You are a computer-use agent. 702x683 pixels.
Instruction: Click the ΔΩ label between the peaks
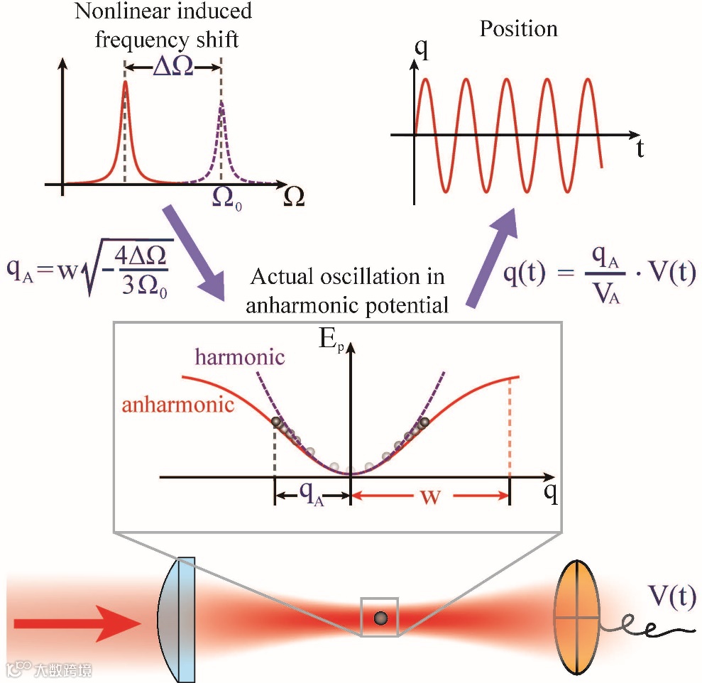[x=173, y=67]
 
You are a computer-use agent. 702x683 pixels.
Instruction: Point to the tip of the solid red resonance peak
[x=126, y=82]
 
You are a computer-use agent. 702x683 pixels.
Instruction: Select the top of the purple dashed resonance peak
[x=221, y=102]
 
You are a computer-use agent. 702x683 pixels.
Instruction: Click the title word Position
[x=519, y=29]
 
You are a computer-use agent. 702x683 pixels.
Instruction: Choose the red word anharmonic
[x=178, y=405]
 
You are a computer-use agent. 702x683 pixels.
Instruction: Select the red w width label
[x=430, y=497]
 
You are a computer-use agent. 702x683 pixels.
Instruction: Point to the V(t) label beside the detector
[x=671, y=595]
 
